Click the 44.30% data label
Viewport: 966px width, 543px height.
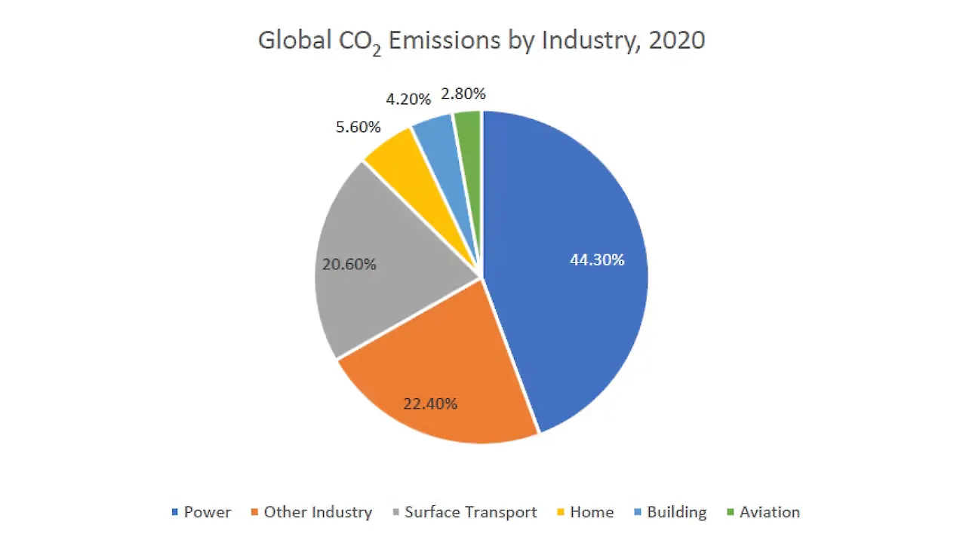pyautogui.click(x=597, y=260)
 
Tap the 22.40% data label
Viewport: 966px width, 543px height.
pyautogui.click(x=430, y=403)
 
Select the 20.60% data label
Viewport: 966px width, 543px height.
pyautogui.click(x=349, y=265)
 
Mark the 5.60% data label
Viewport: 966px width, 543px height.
pyautogui.click(x=358, y=127)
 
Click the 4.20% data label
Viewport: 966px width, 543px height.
pyautogui.click(x=408, y=99)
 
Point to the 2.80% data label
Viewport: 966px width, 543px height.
pyautogui.click(x=463, y=94)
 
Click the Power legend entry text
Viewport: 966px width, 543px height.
pyautogui.click(x=208, y=513)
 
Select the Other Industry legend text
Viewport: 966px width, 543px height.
pyautogui.click(x=318, y=513)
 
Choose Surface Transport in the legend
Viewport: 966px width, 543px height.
pyautogui.click(x=471, y=513)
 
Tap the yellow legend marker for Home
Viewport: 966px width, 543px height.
pyautogui.click(x=561, y=513)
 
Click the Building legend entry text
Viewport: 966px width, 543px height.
pyautogui.click(x=677, y=513)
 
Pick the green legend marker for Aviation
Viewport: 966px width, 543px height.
pyautogui.click(x=730, y=513)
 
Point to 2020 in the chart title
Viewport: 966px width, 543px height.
pyautogui.click(x=677, y=40)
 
